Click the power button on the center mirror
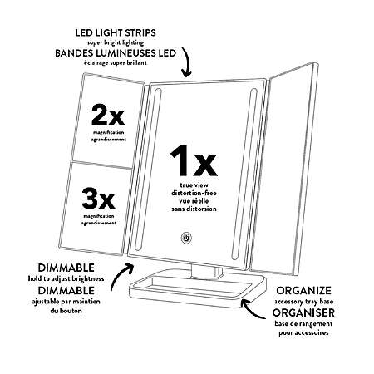click(186, 238)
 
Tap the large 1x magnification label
click(194, 160)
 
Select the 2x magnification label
click(108, 115)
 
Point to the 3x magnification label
click(98, 198)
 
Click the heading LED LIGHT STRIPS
click(116, 32)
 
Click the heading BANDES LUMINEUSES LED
click(116, 53)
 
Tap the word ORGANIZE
click(303, 290)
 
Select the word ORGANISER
click(303, 312)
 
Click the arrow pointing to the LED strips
click(186, 62)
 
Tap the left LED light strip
click(148, 169)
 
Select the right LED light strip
click(244, 174)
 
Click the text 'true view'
click(194, 185)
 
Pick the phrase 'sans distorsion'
click(194, 209)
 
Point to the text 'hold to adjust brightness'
click(66, 278)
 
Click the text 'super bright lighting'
click(116, 42)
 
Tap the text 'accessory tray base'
click(303, 302)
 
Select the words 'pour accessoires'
click(303, 332)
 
